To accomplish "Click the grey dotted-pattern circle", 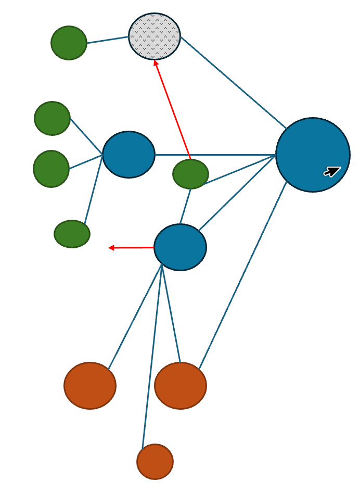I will [155, 36].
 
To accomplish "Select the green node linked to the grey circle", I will [69, 43].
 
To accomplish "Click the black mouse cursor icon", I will [332, 171].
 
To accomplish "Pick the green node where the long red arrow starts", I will [190, 174].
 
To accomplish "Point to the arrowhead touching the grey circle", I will [156, 64].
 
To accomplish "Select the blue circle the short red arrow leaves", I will [180, 247].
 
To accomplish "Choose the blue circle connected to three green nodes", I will [128, 155].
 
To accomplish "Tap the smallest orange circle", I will [155, 461].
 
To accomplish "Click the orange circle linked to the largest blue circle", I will [181, 385].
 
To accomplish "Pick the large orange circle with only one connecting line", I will [90, 385].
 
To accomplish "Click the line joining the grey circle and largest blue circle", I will [233, 82].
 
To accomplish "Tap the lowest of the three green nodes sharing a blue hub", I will [72, 234].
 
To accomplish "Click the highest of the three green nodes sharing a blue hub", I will [52, 118].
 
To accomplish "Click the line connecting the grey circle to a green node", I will [108, 40].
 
